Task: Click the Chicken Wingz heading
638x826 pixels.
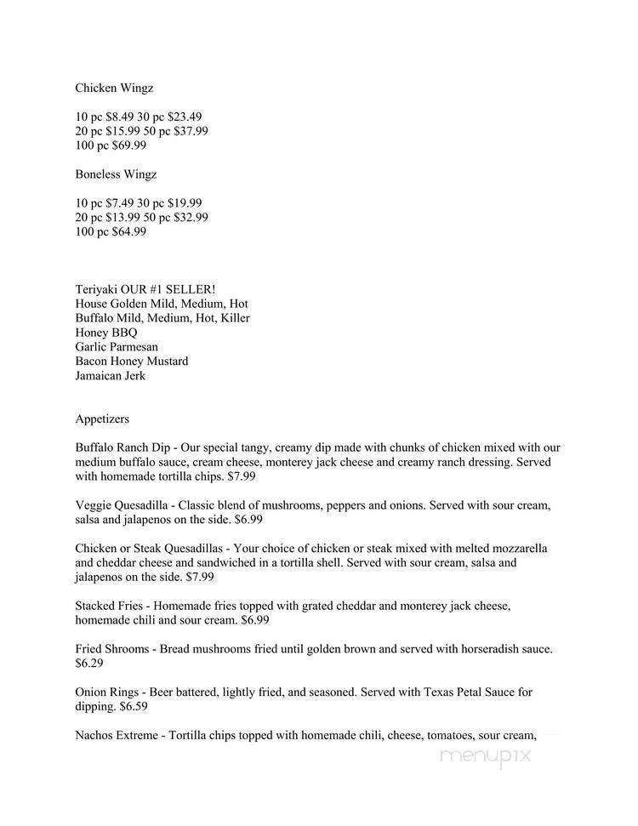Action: point(115,88)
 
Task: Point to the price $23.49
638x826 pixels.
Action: point(184,117)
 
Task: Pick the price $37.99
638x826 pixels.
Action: point(190,131)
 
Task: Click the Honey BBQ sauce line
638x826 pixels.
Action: point(106,333)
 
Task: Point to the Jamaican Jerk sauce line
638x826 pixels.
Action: point(111,376)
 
